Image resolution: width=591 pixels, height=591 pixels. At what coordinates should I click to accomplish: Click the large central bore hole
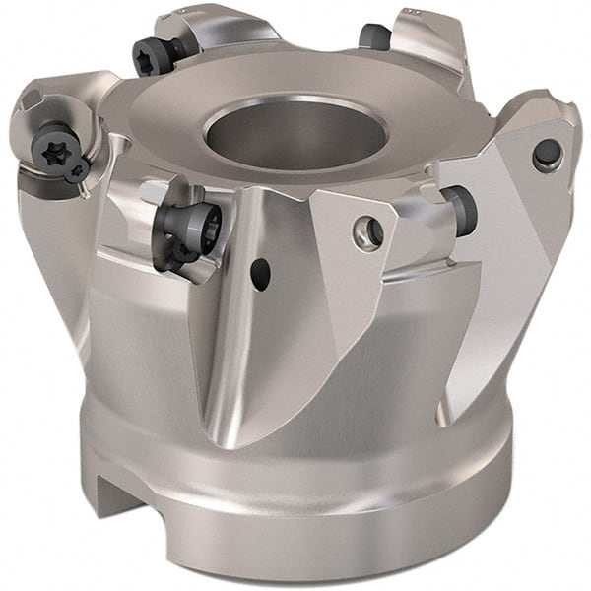tap(271, 134)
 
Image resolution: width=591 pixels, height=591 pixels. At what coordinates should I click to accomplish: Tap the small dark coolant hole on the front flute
tap(260, 275)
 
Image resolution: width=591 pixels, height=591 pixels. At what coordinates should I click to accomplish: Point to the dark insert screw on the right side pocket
tap(461, 205)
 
